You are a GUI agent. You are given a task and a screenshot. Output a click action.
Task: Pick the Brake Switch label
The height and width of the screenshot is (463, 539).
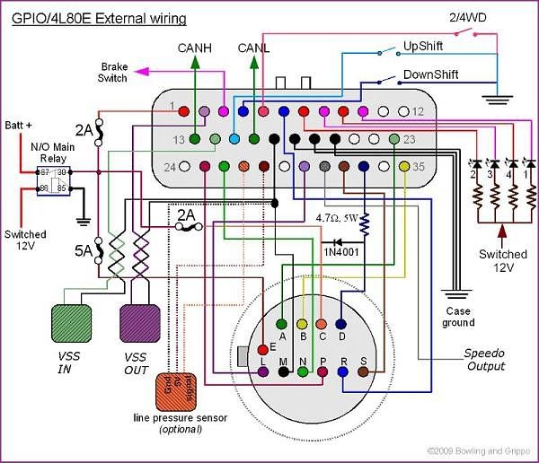coord(114,72)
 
